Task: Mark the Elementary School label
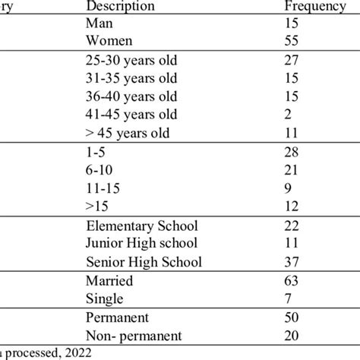[x=143, y=226]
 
